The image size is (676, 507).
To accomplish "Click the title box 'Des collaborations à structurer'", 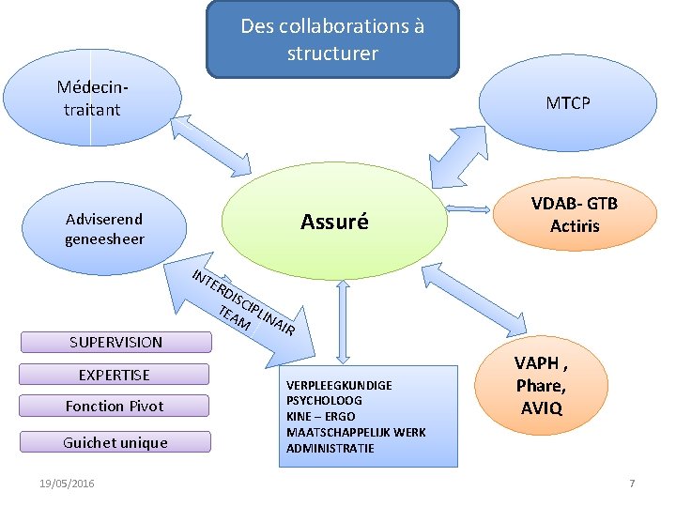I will (x=332, y=39).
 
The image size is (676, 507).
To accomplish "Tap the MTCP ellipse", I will (x=569, y=102).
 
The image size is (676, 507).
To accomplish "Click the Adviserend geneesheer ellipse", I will (x=104, y=228).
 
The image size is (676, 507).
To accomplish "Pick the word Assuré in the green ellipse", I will (x=334, y=223).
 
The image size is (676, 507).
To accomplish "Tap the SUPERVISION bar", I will (x=115, y=343).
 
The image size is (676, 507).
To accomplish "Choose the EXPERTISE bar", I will (x=115, y=376).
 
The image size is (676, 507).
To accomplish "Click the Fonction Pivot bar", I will (x=115, y=407).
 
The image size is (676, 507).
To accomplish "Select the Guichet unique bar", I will (x=115, y=442).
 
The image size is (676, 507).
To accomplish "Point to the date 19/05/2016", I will (x=67, y=483).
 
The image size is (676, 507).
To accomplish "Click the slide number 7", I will (x=632, y=483).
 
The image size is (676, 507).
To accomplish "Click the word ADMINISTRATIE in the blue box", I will (x=330, y=449).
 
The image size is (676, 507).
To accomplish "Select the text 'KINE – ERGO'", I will (x=321, y=417).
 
